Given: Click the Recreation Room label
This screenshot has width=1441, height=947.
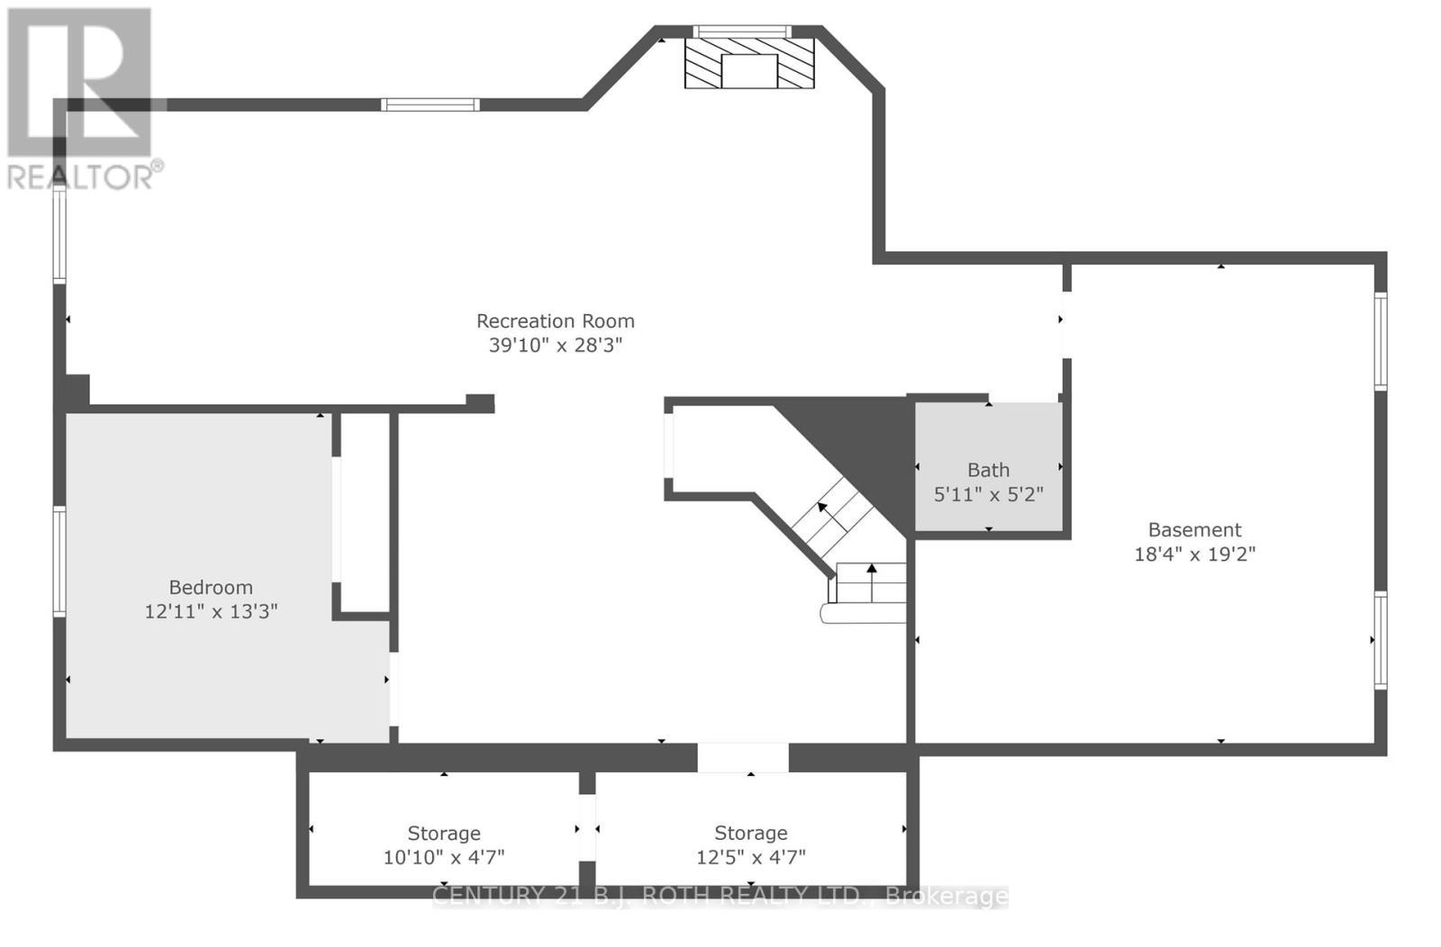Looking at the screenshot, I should [x=555, y=321].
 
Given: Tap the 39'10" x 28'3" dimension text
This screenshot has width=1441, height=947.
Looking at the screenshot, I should [x=555, y=345].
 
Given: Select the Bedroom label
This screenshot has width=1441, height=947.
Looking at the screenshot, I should [x=211, y=588].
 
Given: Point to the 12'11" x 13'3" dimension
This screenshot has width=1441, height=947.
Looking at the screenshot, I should [x=211, y=611].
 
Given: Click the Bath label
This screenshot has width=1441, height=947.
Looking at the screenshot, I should [x=988, y=470].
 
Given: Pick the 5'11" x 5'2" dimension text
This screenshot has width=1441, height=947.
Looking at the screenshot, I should [x=988, y=494].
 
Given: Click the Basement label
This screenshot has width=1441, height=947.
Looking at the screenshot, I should [x=1194, y=530].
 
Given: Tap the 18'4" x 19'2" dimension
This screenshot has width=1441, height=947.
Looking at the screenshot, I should [x=1194, y=554].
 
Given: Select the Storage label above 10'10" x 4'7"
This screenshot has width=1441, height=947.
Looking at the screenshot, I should [x=443, y=834].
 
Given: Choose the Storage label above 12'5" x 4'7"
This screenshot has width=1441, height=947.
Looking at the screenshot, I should [x=750, y=834].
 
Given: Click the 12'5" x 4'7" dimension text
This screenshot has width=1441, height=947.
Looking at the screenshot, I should [x=750, y=857].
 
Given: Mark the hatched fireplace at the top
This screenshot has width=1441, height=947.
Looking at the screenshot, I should [x=749, y=63].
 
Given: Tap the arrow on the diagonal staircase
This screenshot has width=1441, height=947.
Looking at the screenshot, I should [x=821, y=508].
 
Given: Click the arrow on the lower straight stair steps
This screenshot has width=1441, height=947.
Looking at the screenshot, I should [x=871, y=576].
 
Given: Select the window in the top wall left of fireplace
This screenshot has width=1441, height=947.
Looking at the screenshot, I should [x=430, y=104].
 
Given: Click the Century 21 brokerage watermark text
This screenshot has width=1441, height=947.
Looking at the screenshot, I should [x=720, y=896].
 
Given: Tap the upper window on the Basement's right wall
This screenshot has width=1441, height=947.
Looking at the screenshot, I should [x=1380, y=341].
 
